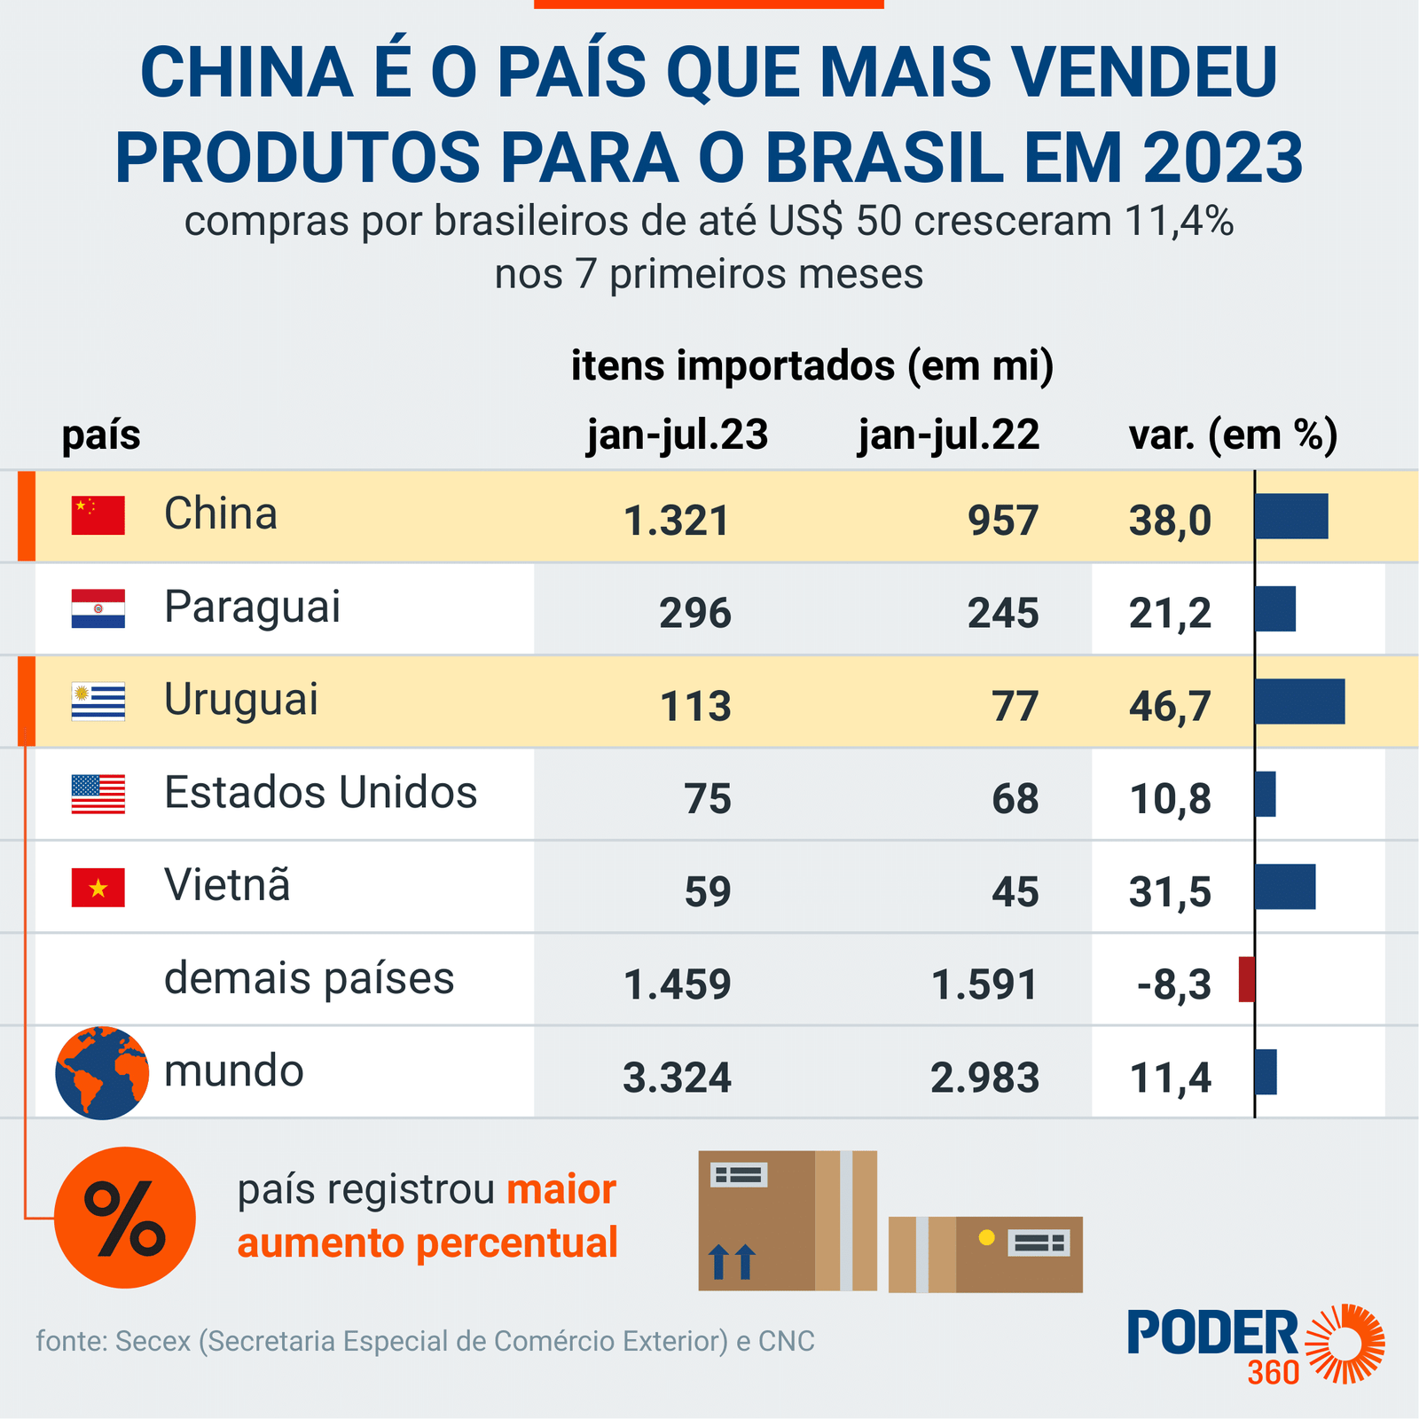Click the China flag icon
point(98,515)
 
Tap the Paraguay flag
point(98,608)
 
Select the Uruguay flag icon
point(98,702)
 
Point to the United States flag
point(98,794)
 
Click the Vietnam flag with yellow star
point(98,888)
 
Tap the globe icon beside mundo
point(101,1072)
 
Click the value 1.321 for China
point(676,521)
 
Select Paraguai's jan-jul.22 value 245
point(1002,614)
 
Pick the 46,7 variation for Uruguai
point(1170,707)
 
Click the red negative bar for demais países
point(1246,980)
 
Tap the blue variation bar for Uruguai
point(1299,702)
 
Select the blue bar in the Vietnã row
point(1285,887)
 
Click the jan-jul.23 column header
point(678,435)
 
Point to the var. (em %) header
point(1233,435)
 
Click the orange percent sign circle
point(125,1218)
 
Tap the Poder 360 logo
point(1255,1344)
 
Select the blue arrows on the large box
point(732,1261)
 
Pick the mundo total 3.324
point(677,1078)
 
